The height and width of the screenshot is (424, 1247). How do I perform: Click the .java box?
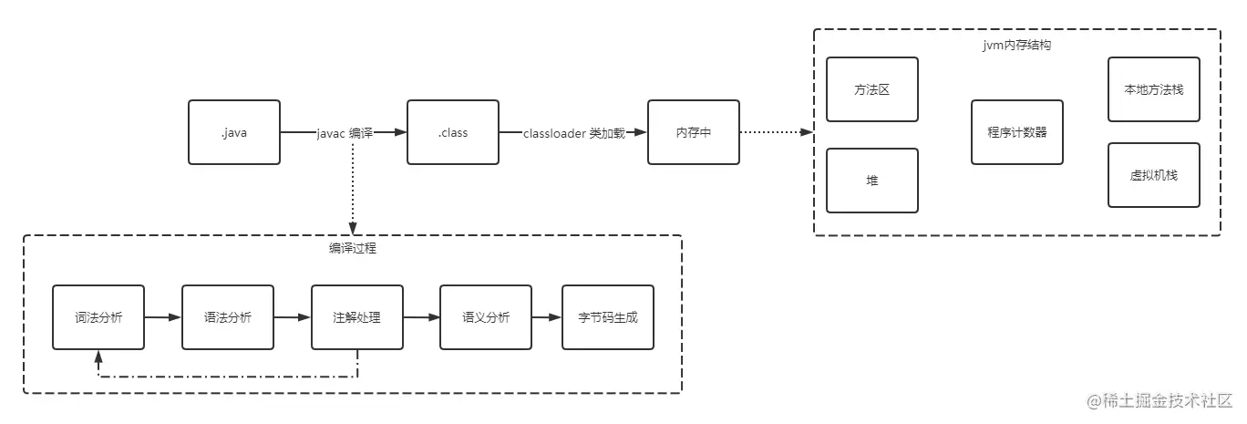click(x=234, y=132)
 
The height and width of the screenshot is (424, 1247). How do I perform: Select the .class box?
click(x=453, y=132)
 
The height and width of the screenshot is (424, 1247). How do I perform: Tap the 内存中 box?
click(x=694, y=132)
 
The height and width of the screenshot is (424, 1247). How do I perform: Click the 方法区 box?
click(x=872, y=89)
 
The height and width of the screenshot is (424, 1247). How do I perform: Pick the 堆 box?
click(x=872, y=181)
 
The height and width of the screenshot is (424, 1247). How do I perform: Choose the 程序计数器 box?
click(x=1017, y=132)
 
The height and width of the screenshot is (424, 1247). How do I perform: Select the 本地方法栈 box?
click(x=1154, y=89)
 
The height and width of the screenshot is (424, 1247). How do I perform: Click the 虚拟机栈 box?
click(x=1154, y=174)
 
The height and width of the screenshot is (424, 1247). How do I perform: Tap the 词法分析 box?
click(x=98, y=317)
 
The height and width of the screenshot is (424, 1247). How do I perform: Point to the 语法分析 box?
click(x=228, y=317)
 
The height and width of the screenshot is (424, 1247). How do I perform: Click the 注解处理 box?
click(x=357, y=317)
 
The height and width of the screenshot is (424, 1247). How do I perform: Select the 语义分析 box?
click(x=486, y=317)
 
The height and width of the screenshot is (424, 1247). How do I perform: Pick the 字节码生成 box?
click(x=609, y=317)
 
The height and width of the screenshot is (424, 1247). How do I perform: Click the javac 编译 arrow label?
click(x=345, y=133)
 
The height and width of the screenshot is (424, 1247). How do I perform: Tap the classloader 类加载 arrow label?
click(x=574, y=133)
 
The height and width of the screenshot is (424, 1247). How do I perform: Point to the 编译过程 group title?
click(x=352, y=248)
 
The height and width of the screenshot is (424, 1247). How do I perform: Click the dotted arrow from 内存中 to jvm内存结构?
click(x=775, y=132)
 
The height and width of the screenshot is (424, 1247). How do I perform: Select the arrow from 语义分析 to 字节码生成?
click(x=547, y=317)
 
